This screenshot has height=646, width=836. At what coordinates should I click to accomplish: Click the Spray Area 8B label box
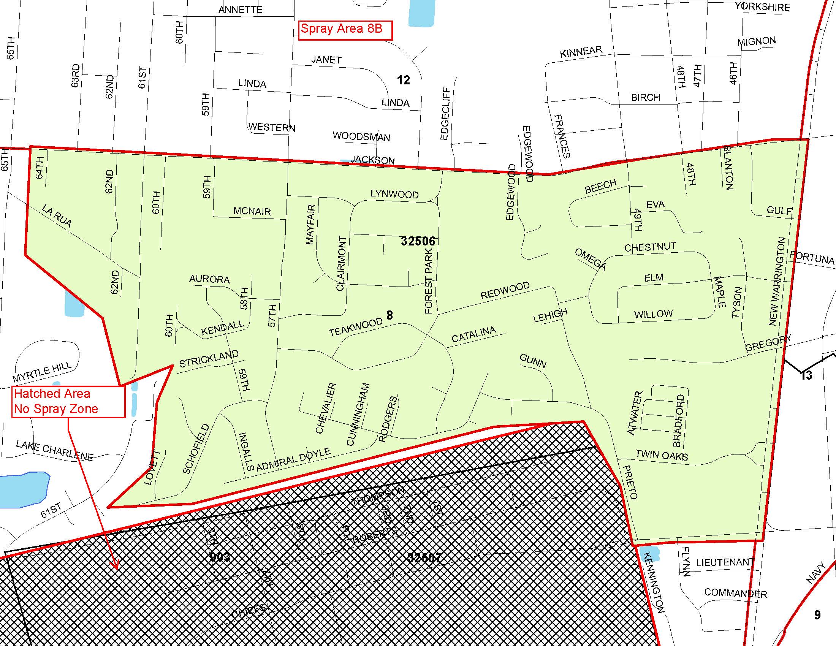click(x=345, y=30)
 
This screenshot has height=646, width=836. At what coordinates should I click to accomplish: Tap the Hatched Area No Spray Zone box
click(x=68, y=401)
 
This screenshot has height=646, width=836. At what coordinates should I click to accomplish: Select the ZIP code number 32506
click(x=418, y=241)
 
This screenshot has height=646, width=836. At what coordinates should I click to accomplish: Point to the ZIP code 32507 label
click(x=424, y=557)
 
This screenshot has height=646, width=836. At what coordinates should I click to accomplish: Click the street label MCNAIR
click(x=252, y=211)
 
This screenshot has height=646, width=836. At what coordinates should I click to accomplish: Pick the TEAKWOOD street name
click(x=356, y=327)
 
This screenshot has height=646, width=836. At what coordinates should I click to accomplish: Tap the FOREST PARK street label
click(x=429, y=281)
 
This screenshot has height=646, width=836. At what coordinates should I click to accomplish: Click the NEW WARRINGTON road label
click(x=777, y=281)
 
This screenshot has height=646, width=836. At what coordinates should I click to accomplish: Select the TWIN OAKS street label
click(x=662, y=455)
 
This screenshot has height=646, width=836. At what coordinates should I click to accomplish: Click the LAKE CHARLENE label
click(x=55, y=451)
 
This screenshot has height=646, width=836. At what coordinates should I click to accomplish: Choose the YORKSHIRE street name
click(x=762, y=7)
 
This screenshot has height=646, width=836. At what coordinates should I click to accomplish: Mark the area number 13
click(x=806, y=375)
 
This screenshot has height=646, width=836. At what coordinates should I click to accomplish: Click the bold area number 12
click(x=404, y=80)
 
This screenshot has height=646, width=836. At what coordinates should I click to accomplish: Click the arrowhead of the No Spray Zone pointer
click(x=115, y=566)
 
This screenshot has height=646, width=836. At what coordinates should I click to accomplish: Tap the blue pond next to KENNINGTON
click(x=649, y=553)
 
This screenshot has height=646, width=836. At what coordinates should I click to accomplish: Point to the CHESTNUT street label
click(x=650, y=247)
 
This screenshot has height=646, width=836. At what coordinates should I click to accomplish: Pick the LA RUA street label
click(x=57, y=216)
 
